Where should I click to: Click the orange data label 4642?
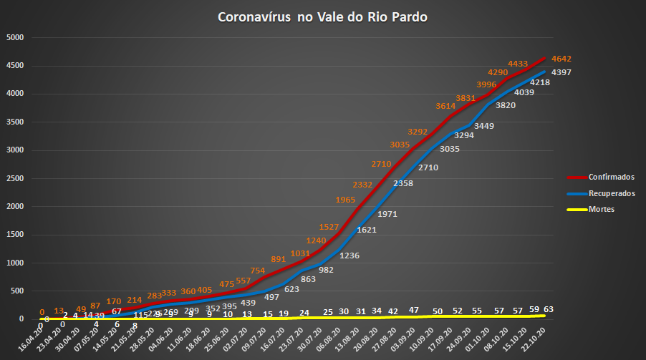561,59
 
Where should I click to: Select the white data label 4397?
561,73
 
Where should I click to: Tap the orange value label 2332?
362,184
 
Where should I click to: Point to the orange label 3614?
446,105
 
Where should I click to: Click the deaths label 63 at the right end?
549,309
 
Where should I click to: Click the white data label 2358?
402,183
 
